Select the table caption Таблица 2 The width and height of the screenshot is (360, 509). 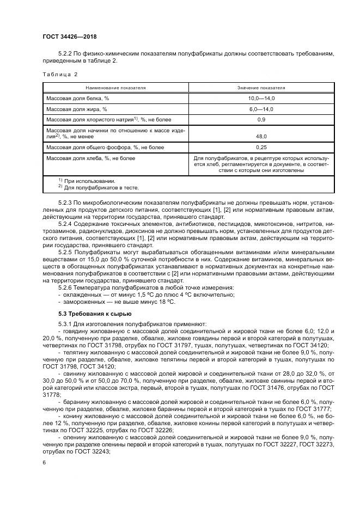coord(60,74)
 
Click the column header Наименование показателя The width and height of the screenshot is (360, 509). coord(115,87)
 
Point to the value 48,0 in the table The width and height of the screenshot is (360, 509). coord(261,137)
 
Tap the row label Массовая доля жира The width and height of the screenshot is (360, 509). coord(76,109)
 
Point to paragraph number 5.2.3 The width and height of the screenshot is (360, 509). coord(65,202)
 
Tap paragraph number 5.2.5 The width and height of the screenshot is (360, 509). coord(65,253)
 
